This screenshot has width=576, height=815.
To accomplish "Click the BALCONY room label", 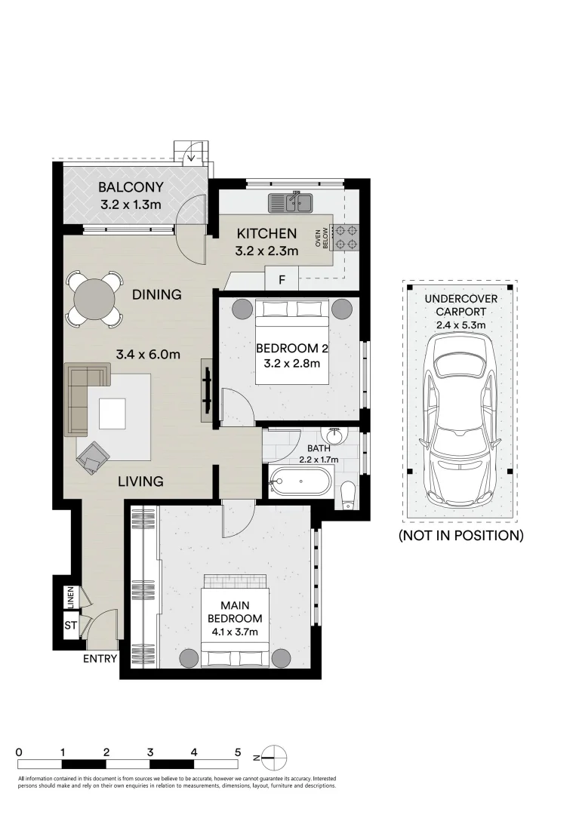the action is pyautogui.click(x=131, y=186).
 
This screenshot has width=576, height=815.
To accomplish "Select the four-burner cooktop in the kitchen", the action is pyautogui.click(x=347, y=236).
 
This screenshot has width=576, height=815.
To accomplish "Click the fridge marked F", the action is pyautogui.click(x=282, y=279).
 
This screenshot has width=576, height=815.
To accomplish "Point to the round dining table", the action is pyautogui.click(x=94, y=300).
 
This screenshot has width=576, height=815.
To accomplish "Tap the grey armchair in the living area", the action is pyautogui.click(x=93, y=457).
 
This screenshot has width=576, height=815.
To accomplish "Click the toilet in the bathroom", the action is pyautogui.click(x=347, y=494).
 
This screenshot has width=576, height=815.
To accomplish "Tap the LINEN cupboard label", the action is pyautogui.click(x=71, y=597).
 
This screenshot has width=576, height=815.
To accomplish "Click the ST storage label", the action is pyautogui.click(x=71, y=626).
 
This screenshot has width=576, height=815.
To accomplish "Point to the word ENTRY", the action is pyautogui.click(x=100, y=659).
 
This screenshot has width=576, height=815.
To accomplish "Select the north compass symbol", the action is pyautogui.click(x=273, y=758).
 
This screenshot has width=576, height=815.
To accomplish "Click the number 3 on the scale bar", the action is pyautogui.click(x=150, y=752).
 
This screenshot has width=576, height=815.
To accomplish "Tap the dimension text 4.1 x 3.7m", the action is pyautogui.click(x=235, y=632).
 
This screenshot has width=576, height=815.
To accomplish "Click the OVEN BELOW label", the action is pyautogui.click(x=322, y=238).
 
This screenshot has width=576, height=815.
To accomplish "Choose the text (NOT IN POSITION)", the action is pyautogui.click(x=460, y=535).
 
